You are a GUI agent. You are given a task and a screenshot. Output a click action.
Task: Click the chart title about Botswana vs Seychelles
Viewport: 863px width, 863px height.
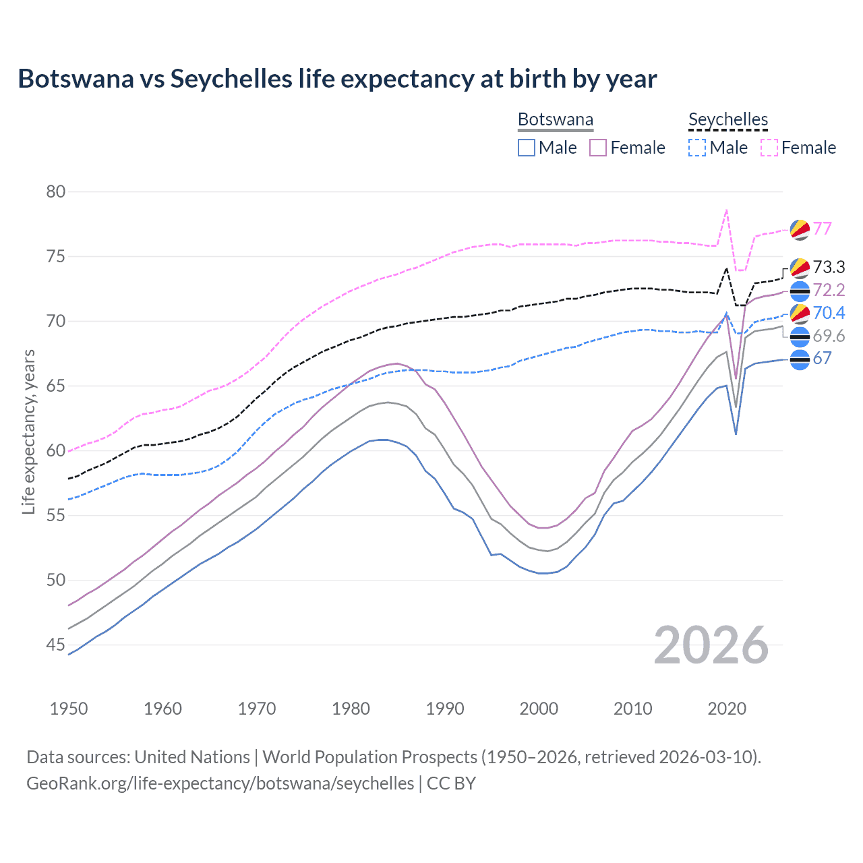coord(337,79)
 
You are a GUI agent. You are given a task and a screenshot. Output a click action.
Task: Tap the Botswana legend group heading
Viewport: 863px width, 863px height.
coord(555,120)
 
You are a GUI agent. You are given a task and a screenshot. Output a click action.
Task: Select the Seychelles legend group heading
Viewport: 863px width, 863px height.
coord(728,120)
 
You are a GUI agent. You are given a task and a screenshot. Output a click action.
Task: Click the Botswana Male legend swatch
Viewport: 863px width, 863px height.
coord(527,148)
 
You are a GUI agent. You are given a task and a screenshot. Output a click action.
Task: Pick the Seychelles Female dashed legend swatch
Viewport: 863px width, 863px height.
coord(769,148)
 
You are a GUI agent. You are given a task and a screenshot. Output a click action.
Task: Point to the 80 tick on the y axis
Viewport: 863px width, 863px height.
coord(56,191)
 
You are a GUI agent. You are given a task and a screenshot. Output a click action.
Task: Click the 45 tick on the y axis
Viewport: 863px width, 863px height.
coord(56,645)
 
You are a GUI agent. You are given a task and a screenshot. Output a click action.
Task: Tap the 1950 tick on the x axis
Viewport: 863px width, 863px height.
coord(69,709)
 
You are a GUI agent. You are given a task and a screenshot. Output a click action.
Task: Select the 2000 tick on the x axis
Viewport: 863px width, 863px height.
coord(539,709)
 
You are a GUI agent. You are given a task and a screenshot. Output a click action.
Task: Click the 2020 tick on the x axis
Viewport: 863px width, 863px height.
coord(727,709)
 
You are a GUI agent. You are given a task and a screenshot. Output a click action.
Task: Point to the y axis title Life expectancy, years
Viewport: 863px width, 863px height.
coord(28,431)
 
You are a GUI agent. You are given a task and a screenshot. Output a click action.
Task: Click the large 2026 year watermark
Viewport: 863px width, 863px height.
coord(711,645)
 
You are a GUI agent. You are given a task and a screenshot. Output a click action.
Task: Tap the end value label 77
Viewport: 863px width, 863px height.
coord(823,229)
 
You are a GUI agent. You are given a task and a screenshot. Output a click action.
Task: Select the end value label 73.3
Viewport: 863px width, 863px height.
coord(829,268)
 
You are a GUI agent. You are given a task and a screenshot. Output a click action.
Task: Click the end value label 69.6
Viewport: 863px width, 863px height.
coord(829,336)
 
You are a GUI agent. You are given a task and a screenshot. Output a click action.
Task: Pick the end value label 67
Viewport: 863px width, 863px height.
coord(823,359)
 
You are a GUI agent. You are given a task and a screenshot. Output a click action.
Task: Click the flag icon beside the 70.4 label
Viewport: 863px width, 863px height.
coord(800,314)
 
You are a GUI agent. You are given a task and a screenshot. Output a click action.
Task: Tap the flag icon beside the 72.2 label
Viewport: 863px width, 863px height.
coord(800,291)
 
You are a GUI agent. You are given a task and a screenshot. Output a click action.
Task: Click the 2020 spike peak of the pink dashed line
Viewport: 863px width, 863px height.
coord(726,210)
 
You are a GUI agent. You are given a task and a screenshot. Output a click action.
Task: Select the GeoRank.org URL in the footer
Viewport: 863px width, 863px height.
coord(220,783)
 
